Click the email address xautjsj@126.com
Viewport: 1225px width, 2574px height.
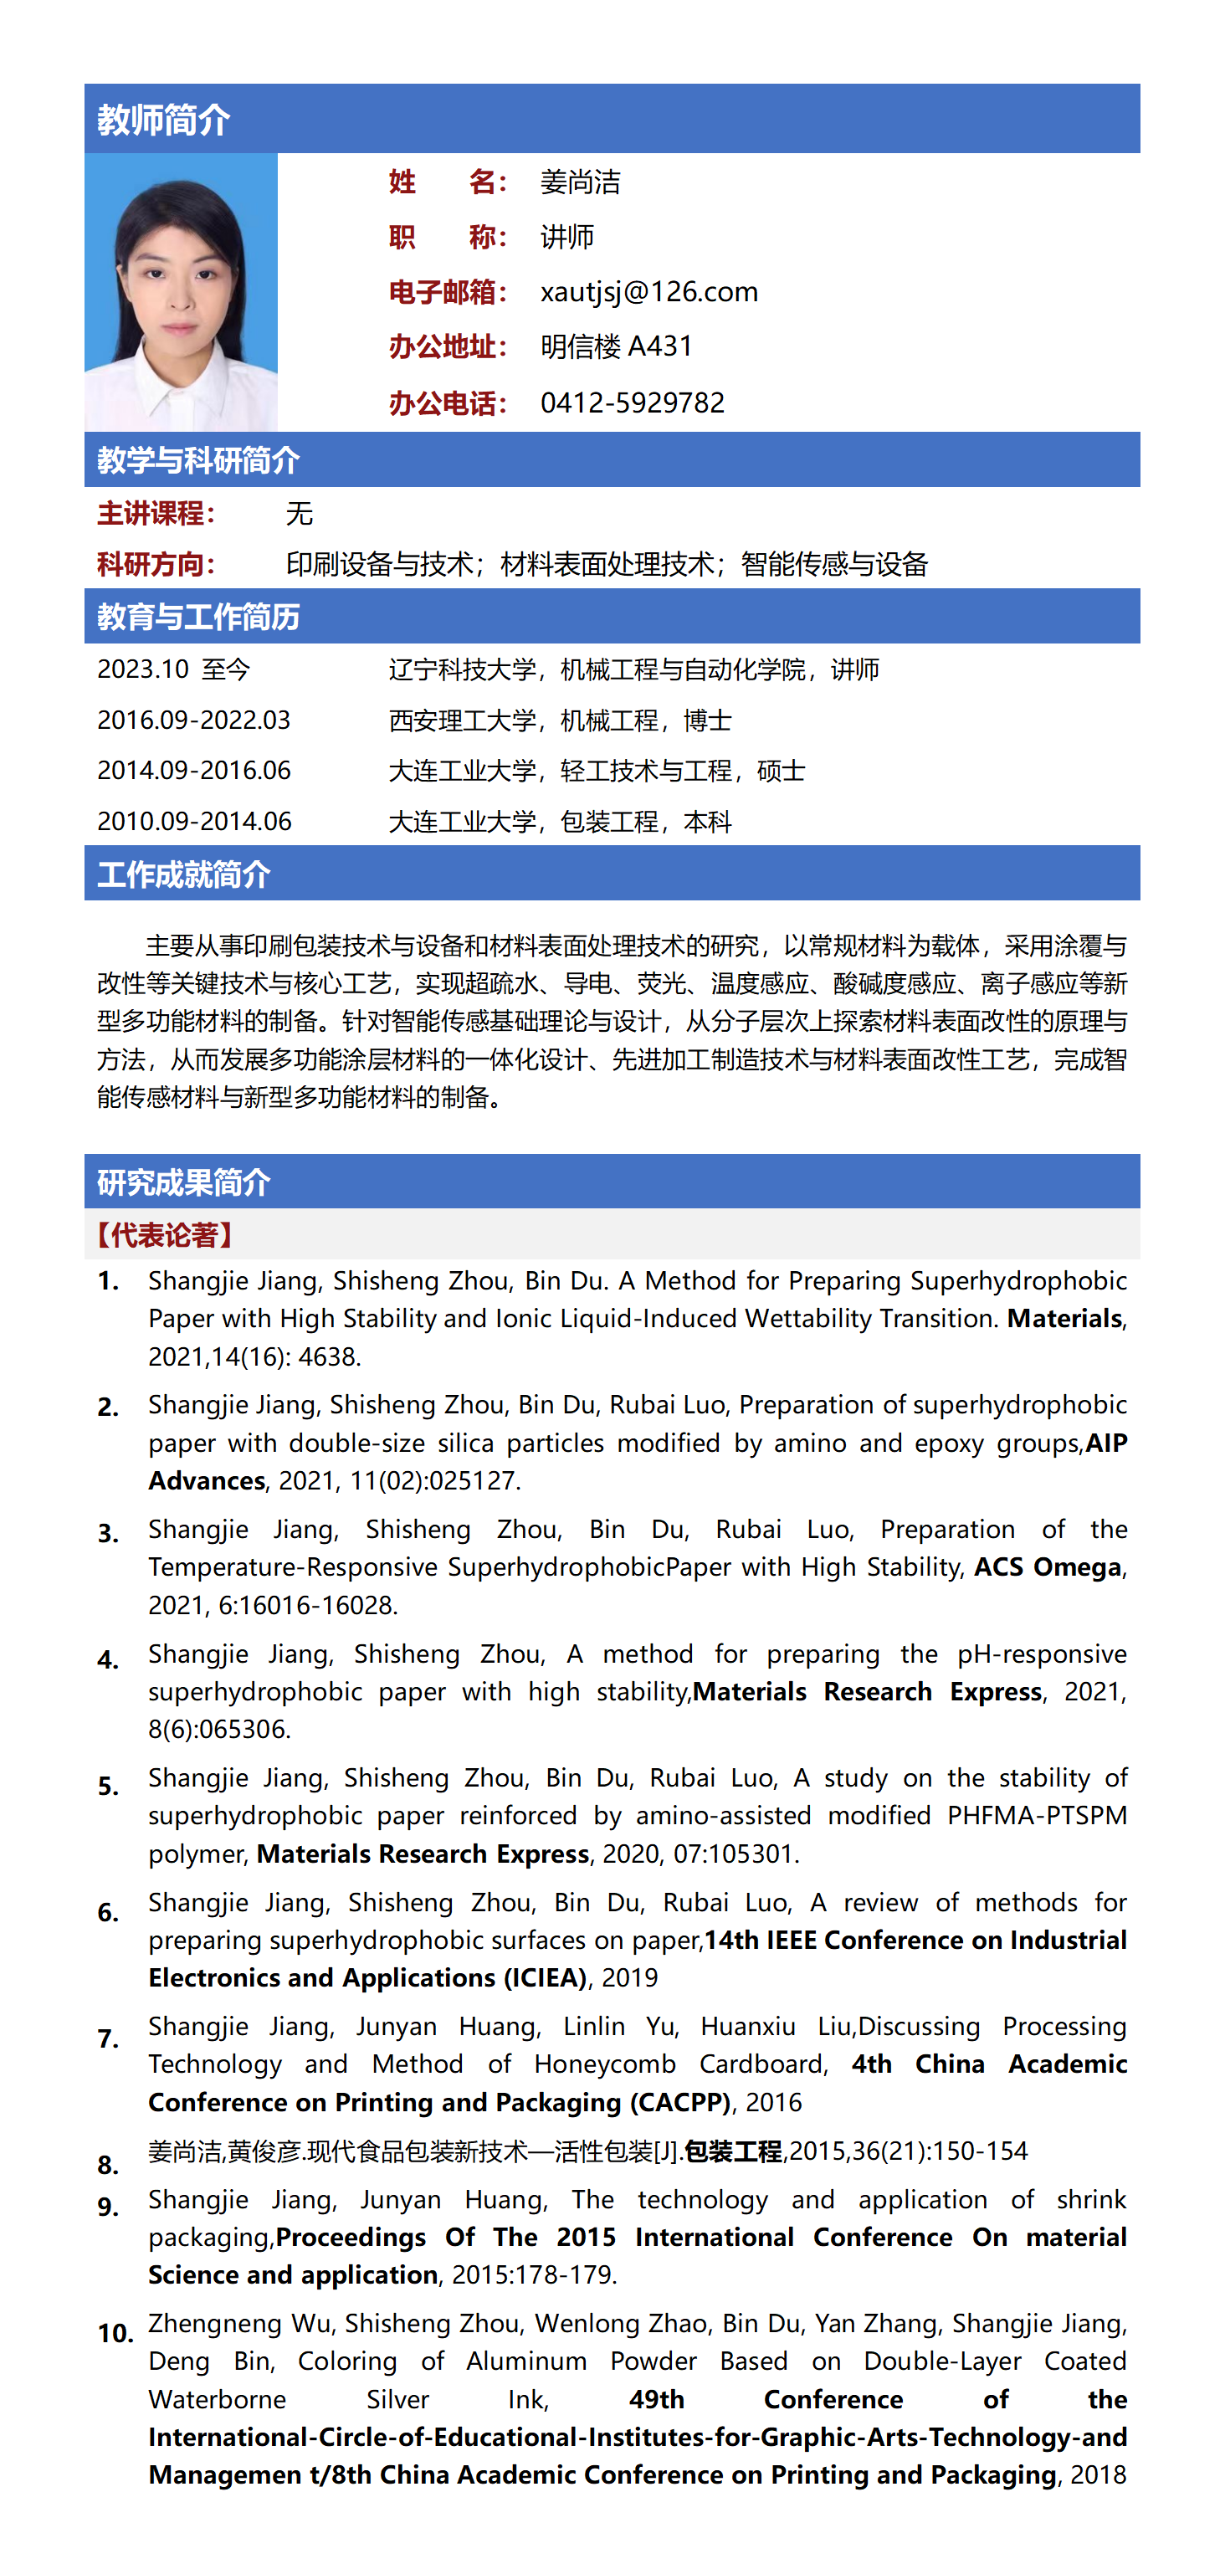[648, 292]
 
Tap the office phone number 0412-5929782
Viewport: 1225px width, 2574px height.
[632, 403]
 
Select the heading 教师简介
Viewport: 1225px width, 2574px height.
[164, 120]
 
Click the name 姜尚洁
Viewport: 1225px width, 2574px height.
[580, 182]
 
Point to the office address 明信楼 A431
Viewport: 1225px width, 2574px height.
[616, 346]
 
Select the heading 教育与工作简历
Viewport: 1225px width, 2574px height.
[197, 617]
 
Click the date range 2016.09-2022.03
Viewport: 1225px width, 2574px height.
[194, 720]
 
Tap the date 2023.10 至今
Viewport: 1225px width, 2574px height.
[173, 669]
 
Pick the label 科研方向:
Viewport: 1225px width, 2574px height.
[156, 565]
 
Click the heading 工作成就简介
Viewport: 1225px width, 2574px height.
[184, 874]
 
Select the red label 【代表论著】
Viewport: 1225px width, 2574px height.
[164, 1235]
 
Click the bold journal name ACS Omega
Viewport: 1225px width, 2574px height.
[1047, 1566]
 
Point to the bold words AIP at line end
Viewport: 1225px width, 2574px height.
[1106, 1443]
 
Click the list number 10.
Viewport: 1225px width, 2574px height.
[115, 2333]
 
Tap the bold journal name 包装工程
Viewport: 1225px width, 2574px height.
[733, 2151]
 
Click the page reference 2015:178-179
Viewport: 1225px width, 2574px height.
[534, 2275]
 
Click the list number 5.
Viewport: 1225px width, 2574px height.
[108, 1786]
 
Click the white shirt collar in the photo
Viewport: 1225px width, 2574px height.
[180, 400]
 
